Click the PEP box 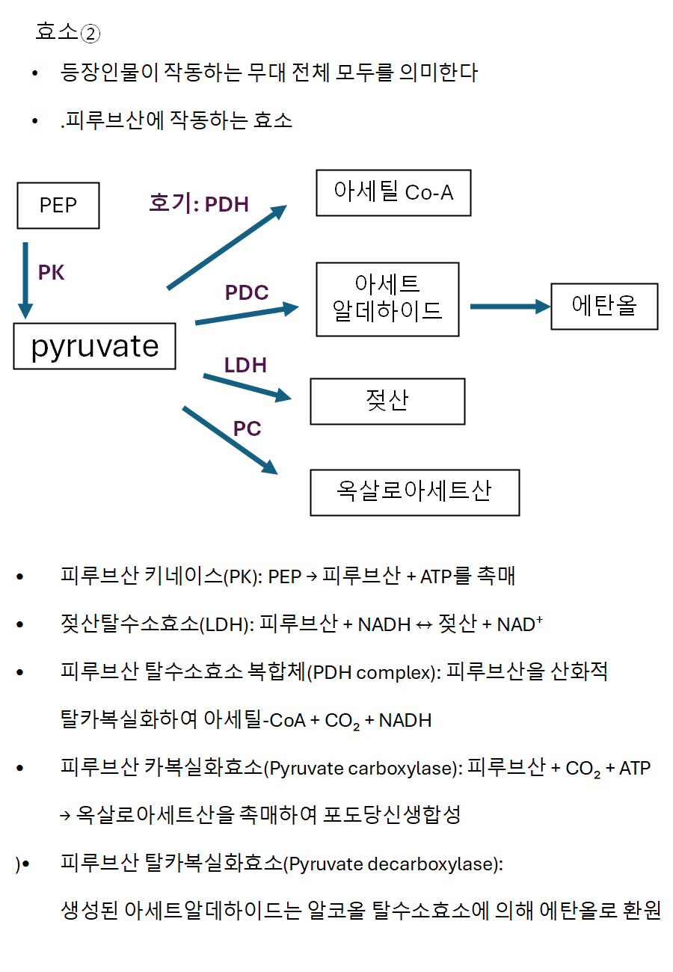[58, 206]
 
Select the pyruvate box [95, 346]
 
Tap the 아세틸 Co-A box [393, 193]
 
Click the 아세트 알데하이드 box [387, 299]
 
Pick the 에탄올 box [604, 307]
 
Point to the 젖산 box [387, 402]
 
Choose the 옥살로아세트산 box [414, 493]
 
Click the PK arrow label [52, 273]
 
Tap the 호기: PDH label [199, 203]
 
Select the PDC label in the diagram [247, 293]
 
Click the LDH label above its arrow [245, 365]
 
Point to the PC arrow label [247, 428]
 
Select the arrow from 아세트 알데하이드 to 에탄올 [509, 307]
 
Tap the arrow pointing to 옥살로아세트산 [230, 440]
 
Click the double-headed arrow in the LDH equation [424, 625]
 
